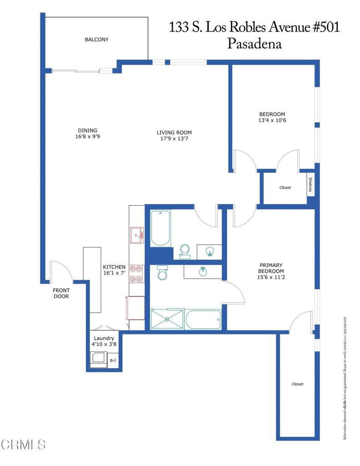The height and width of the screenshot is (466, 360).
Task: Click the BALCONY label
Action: (96, 40)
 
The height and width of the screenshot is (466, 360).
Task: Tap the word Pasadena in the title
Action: (254, 44)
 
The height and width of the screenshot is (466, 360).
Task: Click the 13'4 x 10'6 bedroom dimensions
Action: (272, 121)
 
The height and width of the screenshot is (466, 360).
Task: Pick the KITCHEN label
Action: (114, 267)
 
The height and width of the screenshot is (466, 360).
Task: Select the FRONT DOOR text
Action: (61, 293)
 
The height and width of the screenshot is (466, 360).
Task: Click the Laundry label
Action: (104, 339)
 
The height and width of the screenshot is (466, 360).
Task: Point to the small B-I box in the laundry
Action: (113, 360)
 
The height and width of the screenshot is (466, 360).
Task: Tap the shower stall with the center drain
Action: (167, 319)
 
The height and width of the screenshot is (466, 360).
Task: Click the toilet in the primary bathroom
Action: (162, 273)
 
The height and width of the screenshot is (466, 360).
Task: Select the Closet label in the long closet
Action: (297, 384)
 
